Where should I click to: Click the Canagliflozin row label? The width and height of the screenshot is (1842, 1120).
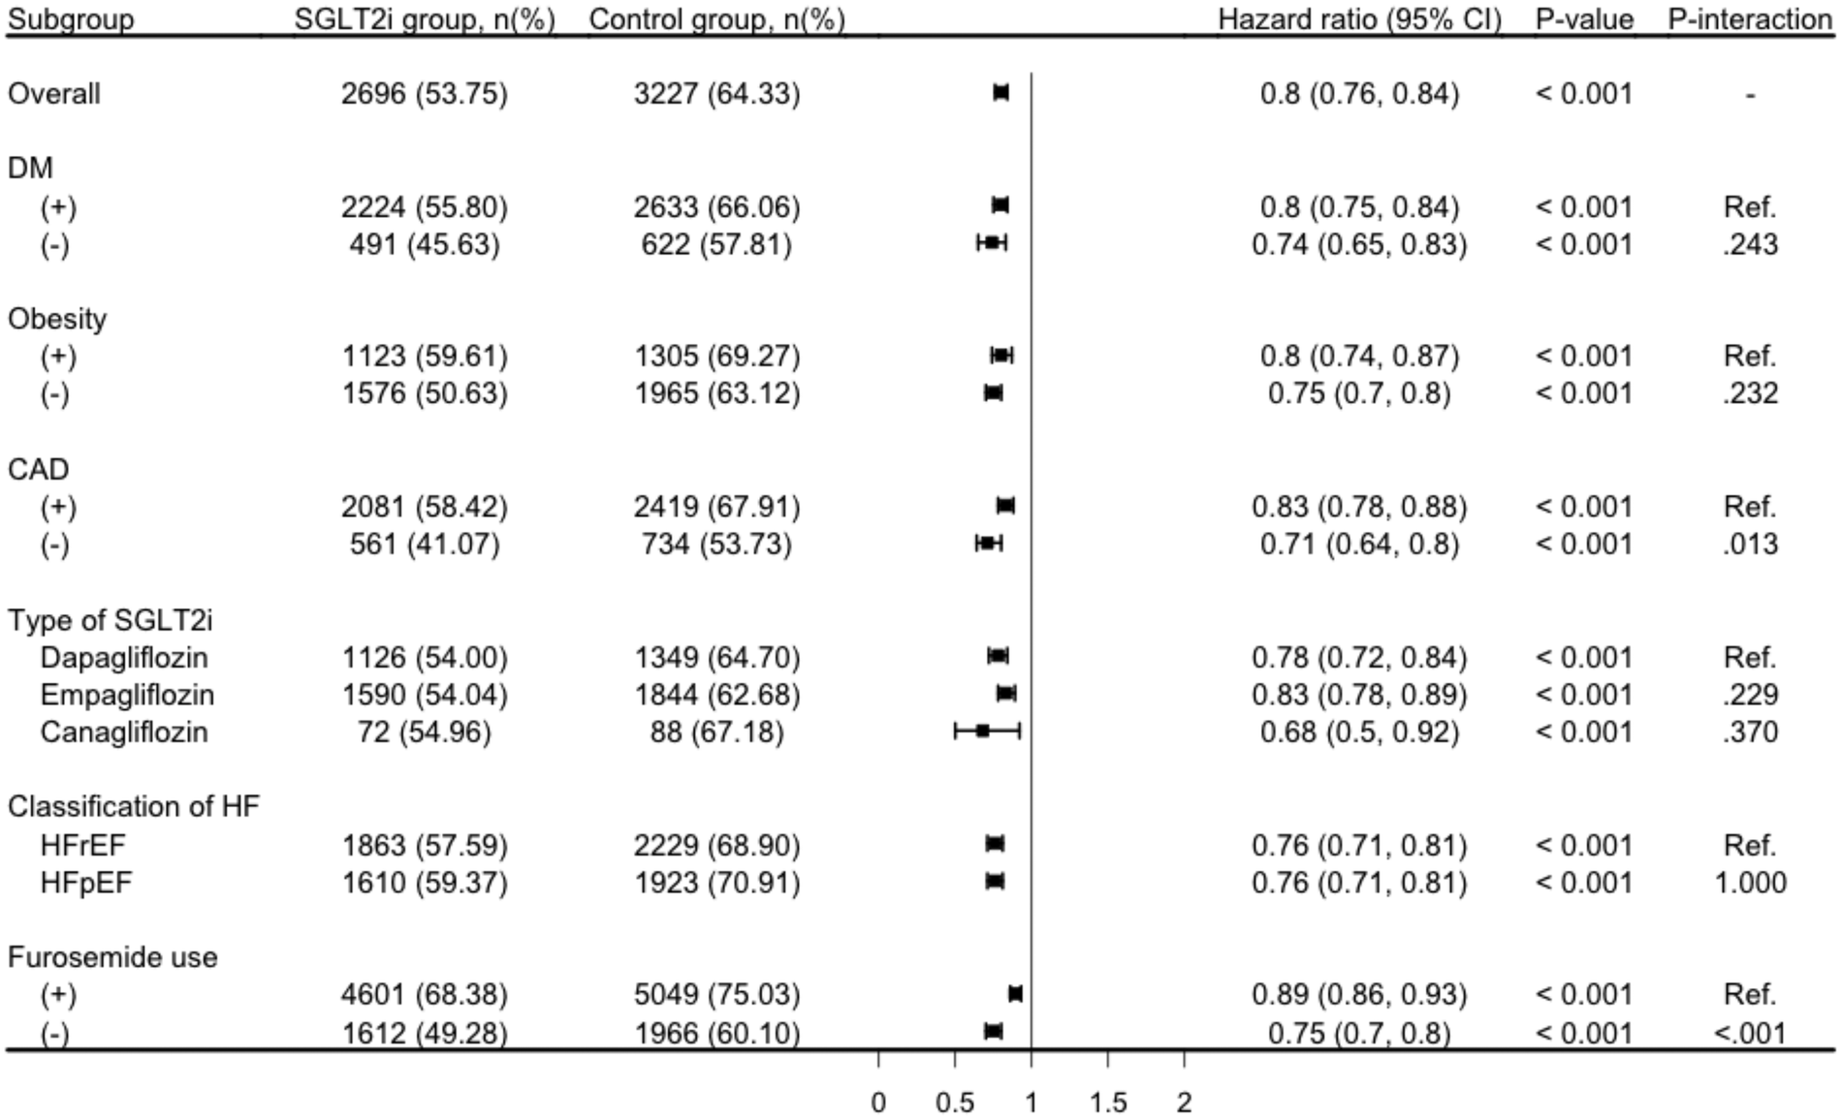tap(123, 731)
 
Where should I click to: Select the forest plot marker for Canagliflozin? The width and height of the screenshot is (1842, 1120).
tap(982, 731)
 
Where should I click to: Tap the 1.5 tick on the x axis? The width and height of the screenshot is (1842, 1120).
tap(1107, 1102)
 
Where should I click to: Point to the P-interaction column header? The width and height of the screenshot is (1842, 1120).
tap(1748, 19)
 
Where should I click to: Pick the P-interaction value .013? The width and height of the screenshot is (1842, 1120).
tap(1750, 544)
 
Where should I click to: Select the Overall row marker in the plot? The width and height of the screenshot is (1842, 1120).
tap(1000, 93)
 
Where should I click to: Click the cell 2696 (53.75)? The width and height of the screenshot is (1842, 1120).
tap(424, 94)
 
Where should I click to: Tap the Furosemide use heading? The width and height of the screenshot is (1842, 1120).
tap(112, 957)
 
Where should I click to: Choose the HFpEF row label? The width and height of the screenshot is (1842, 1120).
tap(85, 883)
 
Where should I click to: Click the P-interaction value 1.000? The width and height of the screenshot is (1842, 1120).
tap(1750, 883)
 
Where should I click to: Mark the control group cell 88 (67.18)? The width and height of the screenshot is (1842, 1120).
tap(716, 731)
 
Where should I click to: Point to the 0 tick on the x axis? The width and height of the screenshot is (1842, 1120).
tap(878, 1102)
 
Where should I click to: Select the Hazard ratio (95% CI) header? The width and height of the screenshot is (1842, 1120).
tap(1359, 19)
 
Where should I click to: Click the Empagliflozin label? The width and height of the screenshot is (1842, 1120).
tap(127, 695)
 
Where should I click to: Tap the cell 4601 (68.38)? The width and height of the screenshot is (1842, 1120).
tap(424, 995)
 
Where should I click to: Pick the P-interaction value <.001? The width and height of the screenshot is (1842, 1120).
tap(1750, 1033)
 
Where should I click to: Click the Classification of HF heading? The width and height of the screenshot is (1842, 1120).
tap(133, 806)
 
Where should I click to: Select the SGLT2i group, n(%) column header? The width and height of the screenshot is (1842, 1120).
tap(424, 19)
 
